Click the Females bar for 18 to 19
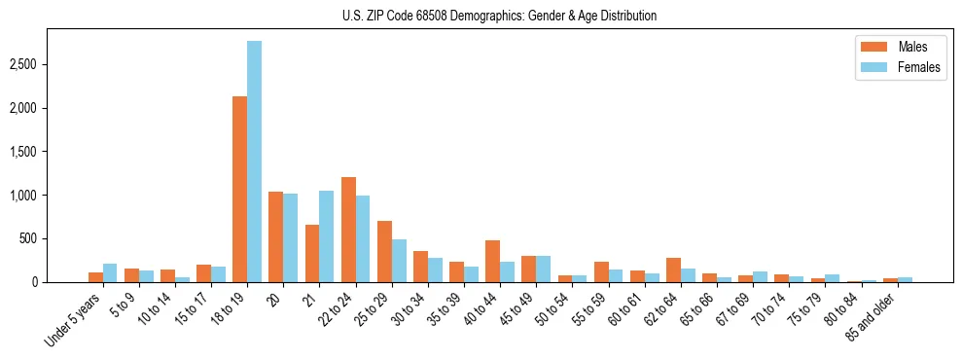click(x=254, y=162)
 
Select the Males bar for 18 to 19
click(x=239, y=190)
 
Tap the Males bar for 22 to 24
click(x=348, y=230)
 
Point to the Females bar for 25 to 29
click(x=399, y=261)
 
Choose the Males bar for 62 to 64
click(x=673, y=270)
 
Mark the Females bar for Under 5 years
click(x=110, y=272)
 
